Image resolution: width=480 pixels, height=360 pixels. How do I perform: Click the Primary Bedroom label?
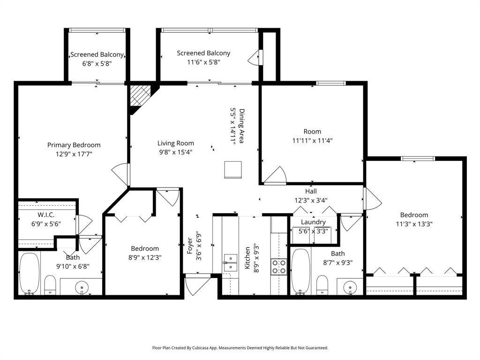point(74,145)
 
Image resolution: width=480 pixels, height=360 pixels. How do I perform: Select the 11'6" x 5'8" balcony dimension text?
point(203,62)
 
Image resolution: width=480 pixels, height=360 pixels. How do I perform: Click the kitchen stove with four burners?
point(279,267)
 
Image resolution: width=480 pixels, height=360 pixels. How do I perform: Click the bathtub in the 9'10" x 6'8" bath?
point(29,274)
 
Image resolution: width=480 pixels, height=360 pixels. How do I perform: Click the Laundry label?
point(313,222)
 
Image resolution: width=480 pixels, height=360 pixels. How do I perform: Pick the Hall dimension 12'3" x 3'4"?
point(311,200)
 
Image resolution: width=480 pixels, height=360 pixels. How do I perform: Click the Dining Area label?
point(242,127)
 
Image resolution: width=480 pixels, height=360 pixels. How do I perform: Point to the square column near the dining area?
point(233,169)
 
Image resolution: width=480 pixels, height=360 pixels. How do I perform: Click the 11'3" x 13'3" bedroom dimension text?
point(414,224)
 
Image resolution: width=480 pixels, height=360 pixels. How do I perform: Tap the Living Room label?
point(175,143)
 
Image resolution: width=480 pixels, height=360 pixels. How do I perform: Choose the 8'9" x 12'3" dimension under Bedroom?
point(144,257)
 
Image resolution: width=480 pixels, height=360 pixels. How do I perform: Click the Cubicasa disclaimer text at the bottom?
point(240,348)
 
